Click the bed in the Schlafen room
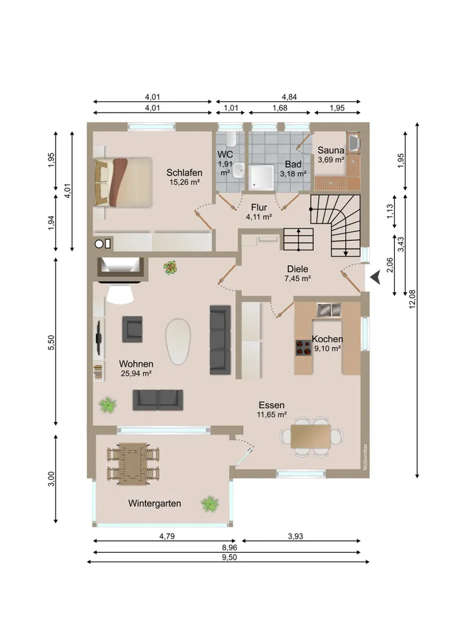[x=123, y=182]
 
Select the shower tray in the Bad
[x=261, y=178]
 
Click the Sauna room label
[x=331, y=150]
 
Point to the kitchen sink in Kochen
[x=329, y=309]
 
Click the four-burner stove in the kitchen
[x=304, y=347]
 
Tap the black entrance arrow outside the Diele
[x=375, y=278]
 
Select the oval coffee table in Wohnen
[x=178, y=341]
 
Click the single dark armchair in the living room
[x=132, y=330]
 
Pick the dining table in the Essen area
[x=311, y=436]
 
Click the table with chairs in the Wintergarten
[x=133, y=464]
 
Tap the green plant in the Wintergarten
[x=210, y=504]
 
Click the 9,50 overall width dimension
[x=229, y=557]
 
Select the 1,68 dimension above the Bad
[x=280, y=108]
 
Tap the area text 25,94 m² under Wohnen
[x=136, y=374]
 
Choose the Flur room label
[x=259, y=208]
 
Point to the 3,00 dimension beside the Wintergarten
[x=51, y=478]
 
